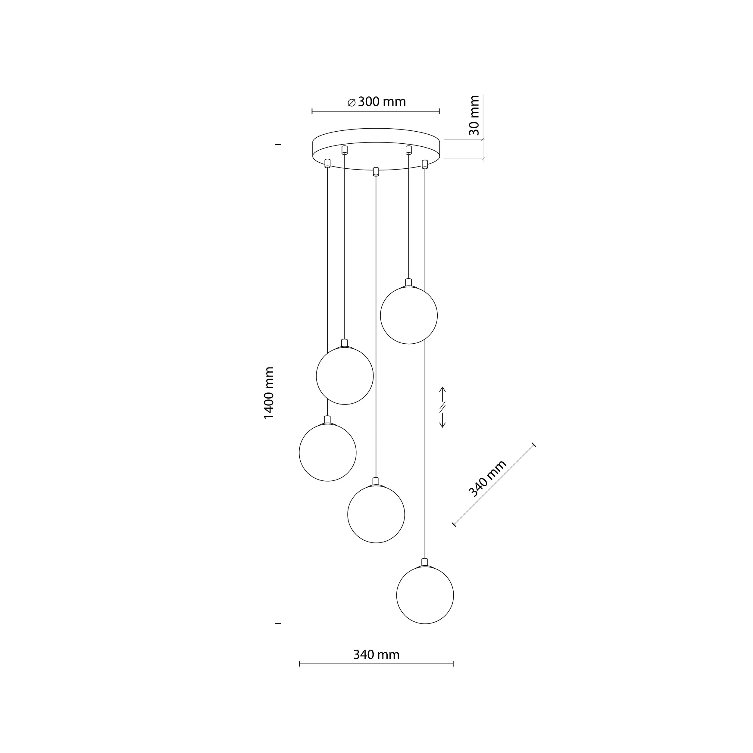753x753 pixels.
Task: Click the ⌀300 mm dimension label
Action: [377, 102]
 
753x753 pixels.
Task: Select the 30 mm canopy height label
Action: [474, 115]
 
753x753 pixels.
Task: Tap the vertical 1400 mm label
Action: [269, 392]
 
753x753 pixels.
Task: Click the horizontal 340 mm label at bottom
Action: [376, 655]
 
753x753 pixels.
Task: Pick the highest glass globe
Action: [408, 315]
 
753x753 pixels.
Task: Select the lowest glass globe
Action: [425, 595]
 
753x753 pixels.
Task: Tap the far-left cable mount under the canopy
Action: [327, 163]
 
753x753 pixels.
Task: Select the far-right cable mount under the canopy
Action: [425, 164]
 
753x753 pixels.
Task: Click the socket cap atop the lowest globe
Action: [425, 562]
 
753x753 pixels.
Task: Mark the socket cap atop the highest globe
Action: [408, 282]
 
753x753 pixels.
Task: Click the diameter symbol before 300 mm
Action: [351, 102]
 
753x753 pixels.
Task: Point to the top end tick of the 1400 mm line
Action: [278, 145]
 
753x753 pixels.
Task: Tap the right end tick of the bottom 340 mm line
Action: [453, 663]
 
